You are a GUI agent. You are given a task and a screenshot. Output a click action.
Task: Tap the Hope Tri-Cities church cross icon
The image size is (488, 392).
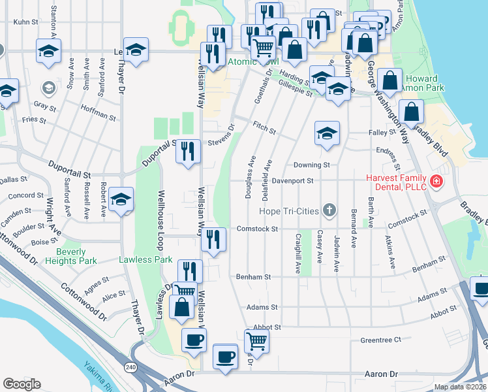pyautogui.click(x=330, y=210)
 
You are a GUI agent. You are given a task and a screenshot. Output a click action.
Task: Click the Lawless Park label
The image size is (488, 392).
pyautogui.click(x=145, y=259)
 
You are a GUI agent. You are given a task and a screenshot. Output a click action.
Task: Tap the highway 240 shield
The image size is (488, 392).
pyautogui.click(x=130, y=368)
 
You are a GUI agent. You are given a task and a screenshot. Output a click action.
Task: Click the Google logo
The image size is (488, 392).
pyautogui.click(x=22, y=384)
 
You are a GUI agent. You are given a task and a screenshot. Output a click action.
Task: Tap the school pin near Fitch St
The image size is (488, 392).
pyautogui.click(x=327, y=133)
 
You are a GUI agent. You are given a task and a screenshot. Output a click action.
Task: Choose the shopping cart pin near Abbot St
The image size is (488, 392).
pyautogui.click(x=256, y=340)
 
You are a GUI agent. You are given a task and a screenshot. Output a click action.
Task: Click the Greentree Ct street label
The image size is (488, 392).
pyautogui.click(x=380, y=340)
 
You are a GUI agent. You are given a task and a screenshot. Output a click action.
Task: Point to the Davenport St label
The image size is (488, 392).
pyautogui.click(x=293, y=181)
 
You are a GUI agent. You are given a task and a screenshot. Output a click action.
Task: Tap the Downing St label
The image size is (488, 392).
pyautogui.click(x=311, y=165)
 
